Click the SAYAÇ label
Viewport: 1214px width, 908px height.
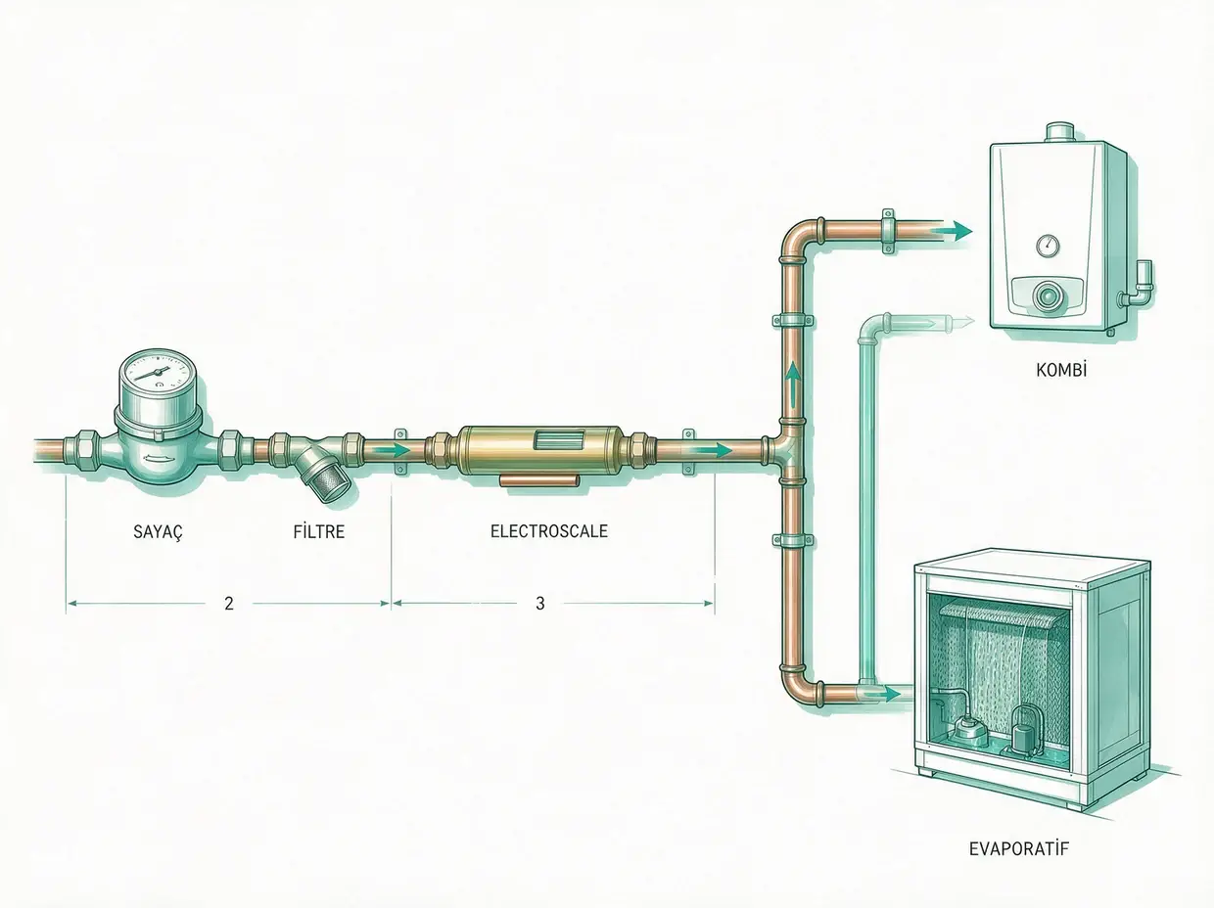pos(159,531)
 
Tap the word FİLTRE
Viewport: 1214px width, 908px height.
pos(319,531)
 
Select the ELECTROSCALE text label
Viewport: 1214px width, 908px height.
pos(549,531)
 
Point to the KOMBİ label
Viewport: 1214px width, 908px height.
pos(1061,370)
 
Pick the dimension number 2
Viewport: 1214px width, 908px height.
pos(229,603)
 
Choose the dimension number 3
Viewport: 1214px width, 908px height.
pos(540,603)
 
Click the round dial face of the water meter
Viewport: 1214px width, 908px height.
pos(159,372)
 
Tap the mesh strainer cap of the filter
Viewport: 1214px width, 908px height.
pos(331,487)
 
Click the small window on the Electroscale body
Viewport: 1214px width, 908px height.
pos(555,442)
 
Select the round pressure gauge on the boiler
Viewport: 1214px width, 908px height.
pos(1048,246)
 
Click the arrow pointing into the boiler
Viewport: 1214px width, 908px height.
pos(952,231)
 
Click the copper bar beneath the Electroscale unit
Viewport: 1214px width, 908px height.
pos(539,482)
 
